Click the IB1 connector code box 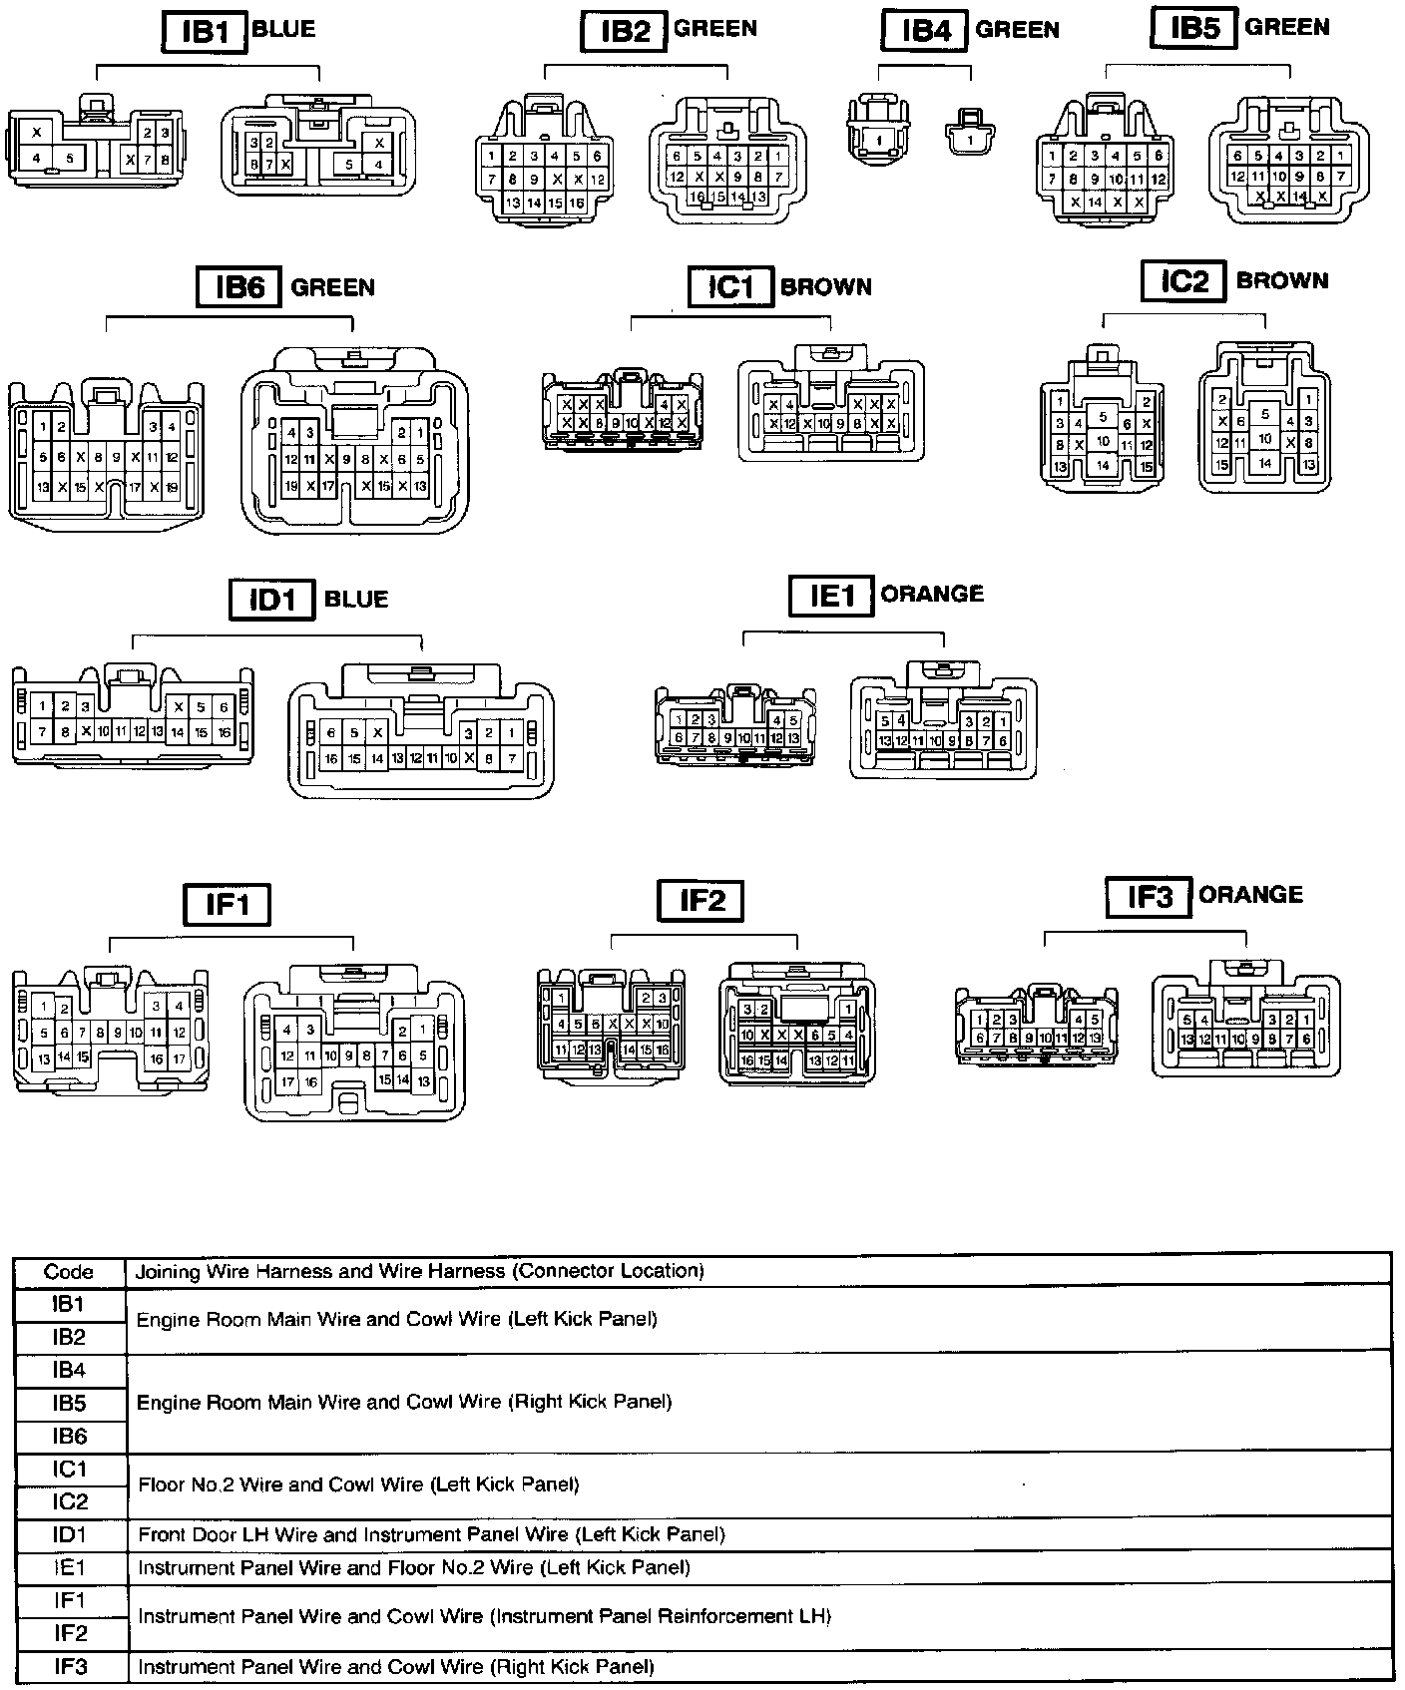pos(205,32)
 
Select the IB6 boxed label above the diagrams pos(239,287)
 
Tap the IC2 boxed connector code pos(1183,281)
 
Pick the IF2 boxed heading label pos(702,901)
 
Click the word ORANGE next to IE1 pos(932,594)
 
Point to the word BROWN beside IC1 pos(825,287)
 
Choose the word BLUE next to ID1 pos(356,599)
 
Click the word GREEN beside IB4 pos(1017,30)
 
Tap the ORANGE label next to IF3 pos(1250,894)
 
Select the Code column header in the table pos(69,1272)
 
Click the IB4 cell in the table pos(69,1370)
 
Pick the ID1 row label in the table pos(69,1534)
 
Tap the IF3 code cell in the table pos(69,1666)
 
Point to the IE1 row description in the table pos(413,1567)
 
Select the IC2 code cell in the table pos(69,1501)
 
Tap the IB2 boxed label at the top pos(625,31)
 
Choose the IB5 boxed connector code pos(1195,28)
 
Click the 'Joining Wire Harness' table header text pos(419,1271)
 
